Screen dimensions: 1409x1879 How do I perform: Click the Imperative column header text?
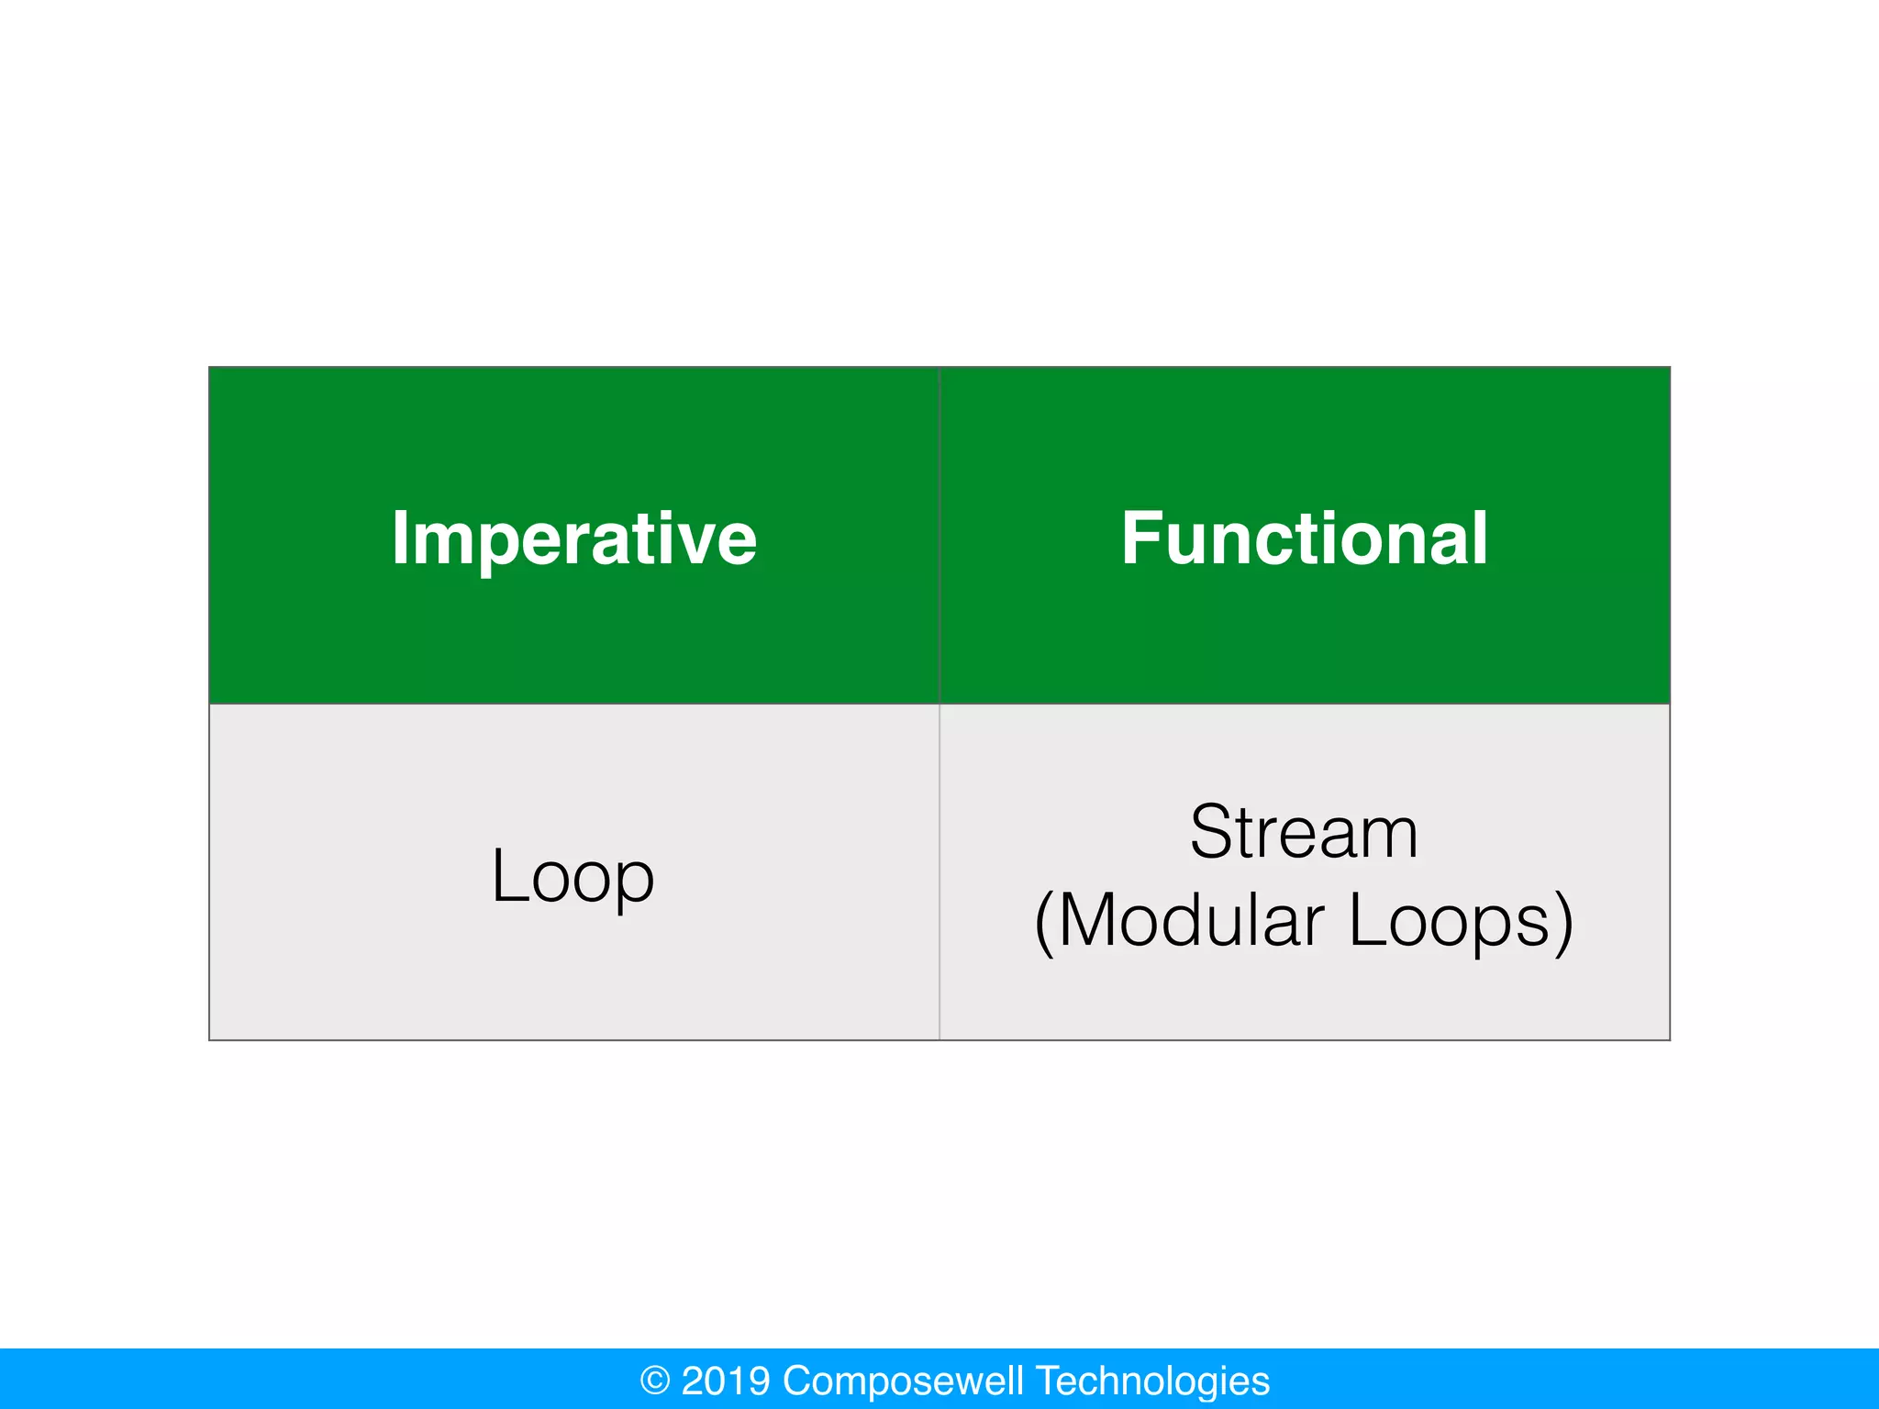573,538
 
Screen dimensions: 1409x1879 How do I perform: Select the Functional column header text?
1304,538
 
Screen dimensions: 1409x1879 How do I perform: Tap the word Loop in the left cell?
573,876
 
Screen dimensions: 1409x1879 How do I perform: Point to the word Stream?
1304,832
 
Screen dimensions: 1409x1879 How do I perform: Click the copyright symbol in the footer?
655,1381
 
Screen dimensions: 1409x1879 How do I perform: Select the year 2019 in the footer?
726,1381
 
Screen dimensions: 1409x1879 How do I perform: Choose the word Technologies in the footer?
1153,1381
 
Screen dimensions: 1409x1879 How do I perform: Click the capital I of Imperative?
400,538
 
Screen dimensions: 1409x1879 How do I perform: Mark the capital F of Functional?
1142,538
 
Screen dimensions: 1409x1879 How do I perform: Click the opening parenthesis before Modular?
1043,922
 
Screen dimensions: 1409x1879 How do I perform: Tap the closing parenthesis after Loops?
1563,922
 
